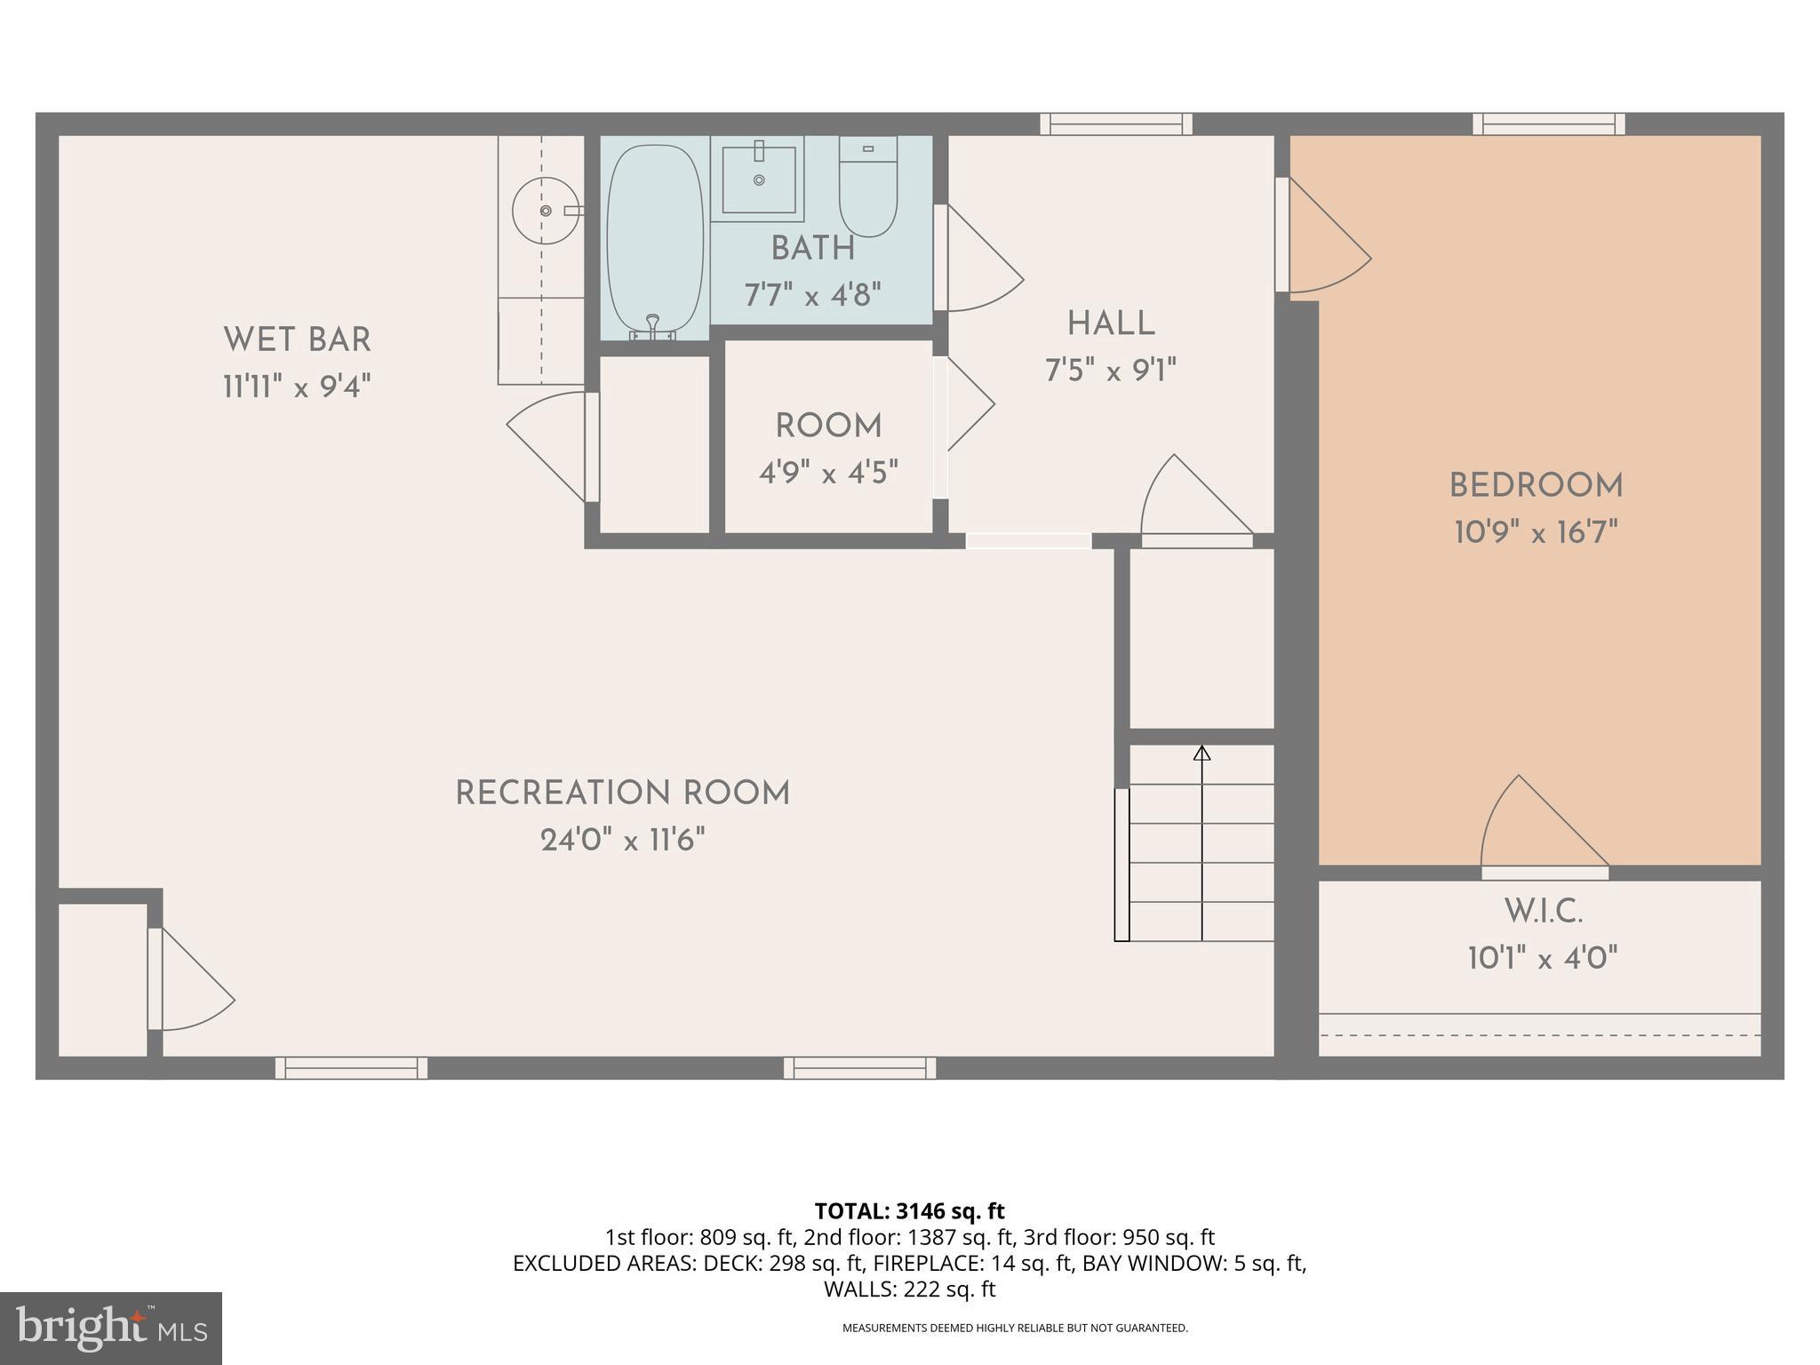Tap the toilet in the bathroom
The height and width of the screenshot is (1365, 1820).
pyautogui.click(x=868, y=188)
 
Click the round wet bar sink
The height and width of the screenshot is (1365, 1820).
pyautogui.click(x=546, y=211)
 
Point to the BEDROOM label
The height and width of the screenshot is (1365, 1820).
pyautogui.click(x=1536, y=485)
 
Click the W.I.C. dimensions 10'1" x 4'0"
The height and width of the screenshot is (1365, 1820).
pyautogui.click(x=1542, y=958)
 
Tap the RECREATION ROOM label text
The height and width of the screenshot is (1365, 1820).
pyautogui.click(x=622, y=793)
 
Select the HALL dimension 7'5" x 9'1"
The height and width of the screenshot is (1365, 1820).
pyautogui.click(x=1110, y=370)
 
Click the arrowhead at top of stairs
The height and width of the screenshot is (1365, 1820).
pyautogui.click(x=1201, y=754)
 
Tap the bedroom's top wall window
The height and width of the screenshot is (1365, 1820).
pyautogui.click(x=1548, y=124)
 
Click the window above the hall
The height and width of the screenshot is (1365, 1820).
pyautogui.click(x=1116, y=124)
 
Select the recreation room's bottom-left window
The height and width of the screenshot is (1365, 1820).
pyautogui.click(x=351, y=1067)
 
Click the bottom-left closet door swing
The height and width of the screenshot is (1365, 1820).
pyautogui.click(x=191, y=982)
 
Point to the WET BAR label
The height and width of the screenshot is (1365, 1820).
pyautogui.click(x=297, y=339)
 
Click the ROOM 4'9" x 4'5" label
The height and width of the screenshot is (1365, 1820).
pyautogui.click(x=828, y=449)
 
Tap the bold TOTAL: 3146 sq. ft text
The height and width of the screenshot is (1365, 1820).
pyautogui.click(x=909, y=1210)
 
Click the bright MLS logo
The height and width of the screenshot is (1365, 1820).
pyautogui.click(x=110, y=1328)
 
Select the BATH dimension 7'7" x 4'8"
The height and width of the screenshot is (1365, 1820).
pyautogui.click(x=812, y=294)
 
